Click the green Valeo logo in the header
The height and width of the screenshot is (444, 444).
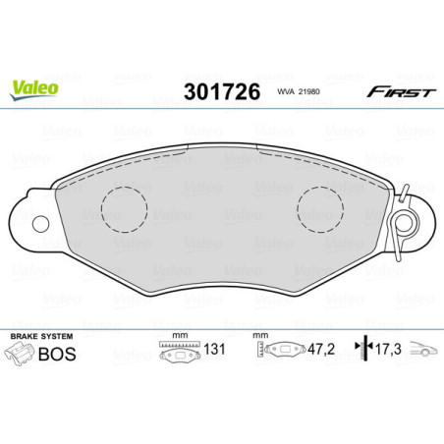pos(33,86)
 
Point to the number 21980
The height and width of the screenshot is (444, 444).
pos(295,92)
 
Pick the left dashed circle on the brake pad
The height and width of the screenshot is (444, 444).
pos(124,207)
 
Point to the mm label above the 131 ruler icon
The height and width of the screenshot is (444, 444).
pos(179,334)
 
